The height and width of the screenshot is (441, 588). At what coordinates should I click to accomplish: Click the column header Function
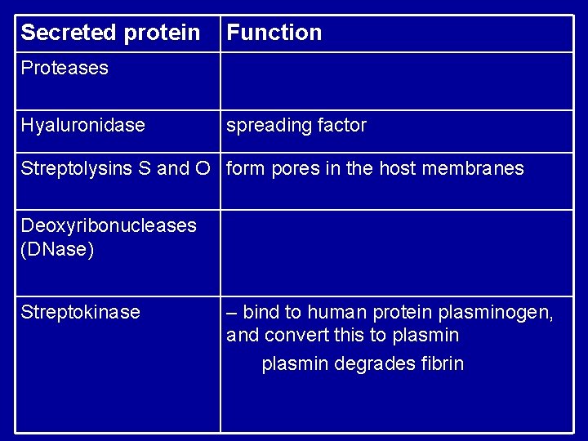[x=274, y=33]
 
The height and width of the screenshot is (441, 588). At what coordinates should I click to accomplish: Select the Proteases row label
[x=65, y=68]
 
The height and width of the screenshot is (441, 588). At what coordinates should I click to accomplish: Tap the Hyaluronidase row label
[x=82, y=125]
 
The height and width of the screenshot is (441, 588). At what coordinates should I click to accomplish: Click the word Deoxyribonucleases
[x=109, y=225]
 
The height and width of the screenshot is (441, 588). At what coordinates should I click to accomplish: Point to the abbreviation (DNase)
[x=57, y=249]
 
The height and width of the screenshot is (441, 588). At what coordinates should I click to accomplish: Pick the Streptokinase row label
[x=80, y=312]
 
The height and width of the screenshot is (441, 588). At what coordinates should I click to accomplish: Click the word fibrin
[x=441, y=363]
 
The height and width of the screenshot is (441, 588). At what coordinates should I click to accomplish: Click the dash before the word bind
[x=232, y=312]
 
